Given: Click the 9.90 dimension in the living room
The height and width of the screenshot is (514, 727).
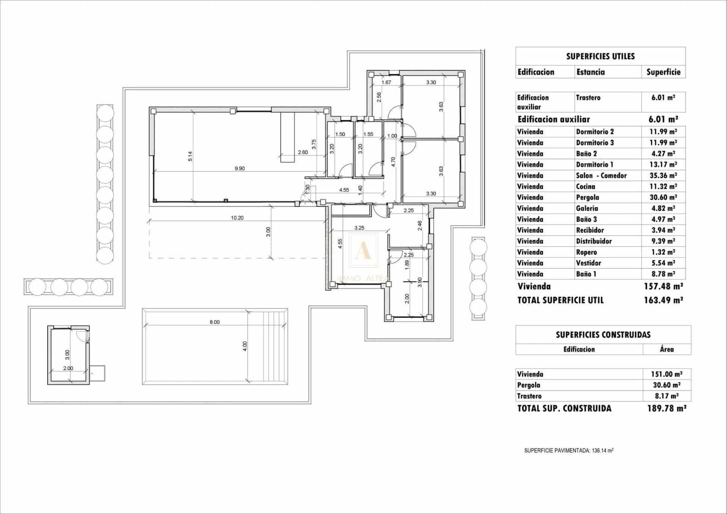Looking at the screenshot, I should [239, 168].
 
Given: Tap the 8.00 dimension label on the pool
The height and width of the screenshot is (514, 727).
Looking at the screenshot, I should [214, 322].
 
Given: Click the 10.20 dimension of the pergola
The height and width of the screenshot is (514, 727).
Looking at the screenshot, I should [237, 218].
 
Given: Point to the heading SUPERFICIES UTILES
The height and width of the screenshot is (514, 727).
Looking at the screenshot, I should [600, 56].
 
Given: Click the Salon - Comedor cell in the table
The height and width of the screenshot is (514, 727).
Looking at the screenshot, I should [601, 176].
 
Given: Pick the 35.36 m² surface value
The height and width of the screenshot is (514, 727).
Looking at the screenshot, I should [663, 176].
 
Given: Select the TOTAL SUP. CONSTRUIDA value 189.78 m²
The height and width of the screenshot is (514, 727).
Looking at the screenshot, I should [666, 408].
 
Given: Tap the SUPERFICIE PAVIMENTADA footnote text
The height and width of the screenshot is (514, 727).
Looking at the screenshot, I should [569, 451].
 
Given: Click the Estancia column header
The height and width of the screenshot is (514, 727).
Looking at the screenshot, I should [590, 72].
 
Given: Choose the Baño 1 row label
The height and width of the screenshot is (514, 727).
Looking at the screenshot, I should [586, 274].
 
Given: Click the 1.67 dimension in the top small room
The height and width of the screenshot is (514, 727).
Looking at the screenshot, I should [386, 82].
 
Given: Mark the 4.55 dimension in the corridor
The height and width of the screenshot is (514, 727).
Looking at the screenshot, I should [344, 190].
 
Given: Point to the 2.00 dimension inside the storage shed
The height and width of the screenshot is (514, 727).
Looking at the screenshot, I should [68, 368].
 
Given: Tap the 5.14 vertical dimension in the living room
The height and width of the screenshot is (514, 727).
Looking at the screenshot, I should [190, 156].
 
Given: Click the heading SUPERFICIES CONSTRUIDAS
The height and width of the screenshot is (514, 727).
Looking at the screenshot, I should [603, 335].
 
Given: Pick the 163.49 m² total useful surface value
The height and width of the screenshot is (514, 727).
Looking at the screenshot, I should [663, 300].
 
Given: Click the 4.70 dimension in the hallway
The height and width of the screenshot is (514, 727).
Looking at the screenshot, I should [393, 162].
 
